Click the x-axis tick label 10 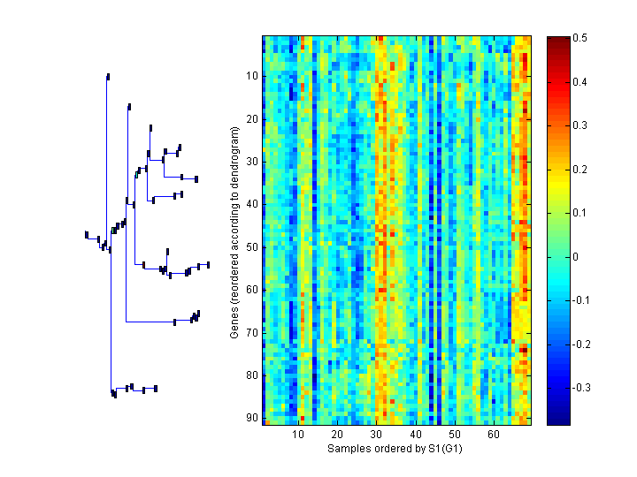(298, 435)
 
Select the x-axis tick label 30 (376, 435)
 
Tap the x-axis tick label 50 (454, 435)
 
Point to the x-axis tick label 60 (493, 435)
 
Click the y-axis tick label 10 (250, 76)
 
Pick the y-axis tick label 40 (250, 204)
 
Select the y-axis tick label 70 (250, 333)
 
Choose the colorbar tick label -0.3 (582, 388)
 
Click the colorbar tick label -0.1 (582, 300)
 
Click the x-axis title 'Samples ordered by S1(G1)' (395, 449)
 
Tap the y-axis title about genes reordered (234, 232)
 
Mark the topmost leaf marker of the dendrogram (108, 76)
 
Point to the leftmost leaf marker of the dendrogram (87, 234)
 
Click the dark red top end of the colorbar (558, 41)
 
